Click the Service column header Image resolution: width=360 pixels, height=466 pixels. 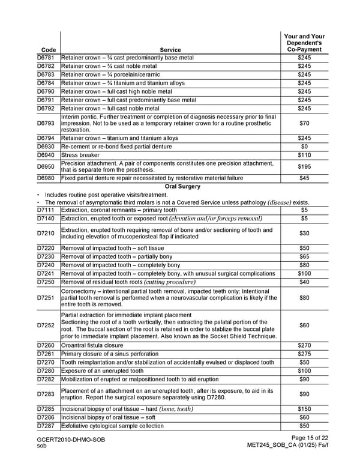click(x=170, y=50)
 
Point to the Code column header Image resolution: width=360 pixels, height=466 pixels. click(x=46, y=50)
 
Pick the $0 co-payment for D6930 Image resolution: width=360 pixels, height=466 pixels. click(x=304, y=147)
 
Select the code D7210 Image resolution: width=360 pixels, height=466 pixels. click(x=46, y=233)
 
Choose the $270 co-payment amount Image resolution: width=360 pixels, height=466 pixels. click(x=304, y=345)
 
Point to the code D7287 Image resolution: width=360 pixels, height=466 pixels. click(x=46, y=426)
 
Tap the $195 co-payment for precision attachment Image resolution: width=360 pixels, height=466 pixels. click(x=304, y=166)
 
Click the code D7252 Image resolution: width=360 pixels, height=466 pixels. click(x=46, y=325)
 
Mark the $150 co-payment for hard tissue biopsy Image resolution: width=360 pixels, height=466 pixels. click(x=304, y=409)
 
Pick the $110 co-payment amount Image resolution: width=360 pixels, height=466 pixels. click(x=304, y=155)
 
